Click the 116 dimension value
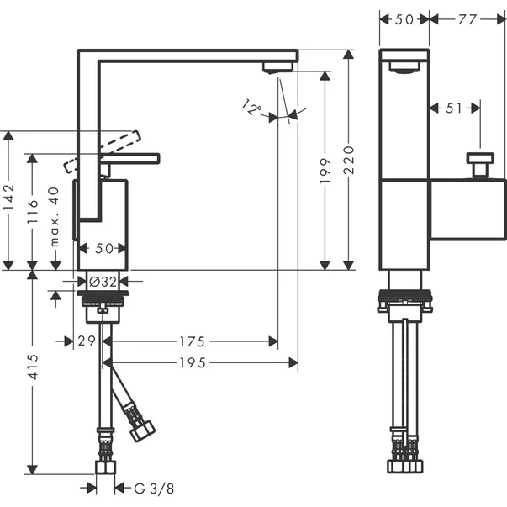32,210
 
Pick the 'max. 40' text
55,216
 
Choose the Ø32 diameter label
103,282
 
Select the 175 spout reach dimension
193,341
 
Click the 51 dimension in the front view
455,107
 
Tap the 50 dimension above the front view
404,18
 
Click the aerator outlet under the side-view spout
276,67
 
